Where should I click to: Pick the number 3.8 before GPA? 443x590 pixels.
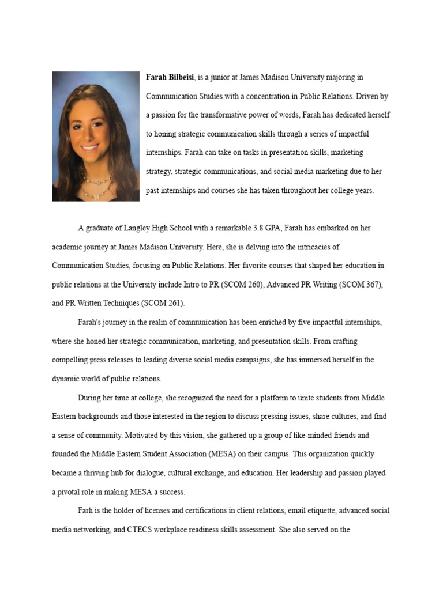(263, 228)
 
